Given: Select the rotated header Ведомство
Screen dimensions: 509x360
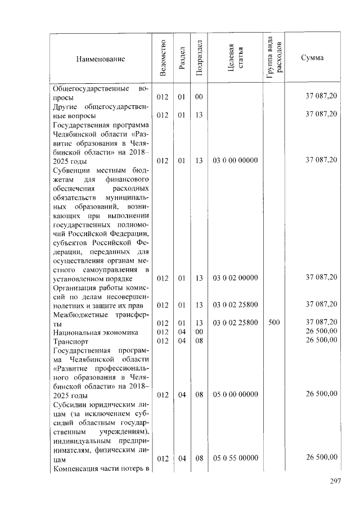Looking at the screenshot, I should [163, 58].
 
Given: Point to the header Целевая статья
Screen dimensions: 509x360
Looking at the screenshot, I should [235, 58].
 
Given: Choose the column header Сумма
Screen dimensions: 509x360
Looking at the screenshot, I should [312, 58].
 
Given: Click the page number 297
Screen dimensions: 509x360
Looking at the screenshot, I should [335, 481].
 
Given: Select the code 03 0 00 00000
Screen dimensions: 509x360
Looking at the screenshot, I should [235, 161].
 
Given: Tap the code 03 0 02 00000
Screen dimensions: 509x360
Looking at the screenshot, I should [235, 278].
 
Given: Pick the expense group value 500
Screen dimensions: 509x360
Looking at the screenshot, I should [275, 323].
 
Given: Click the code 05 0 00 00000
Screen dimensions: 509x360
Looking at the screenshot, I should [235, 395].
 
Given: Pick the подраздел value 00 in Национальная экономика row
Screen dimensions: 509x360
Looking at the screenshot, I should [199, 332].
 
